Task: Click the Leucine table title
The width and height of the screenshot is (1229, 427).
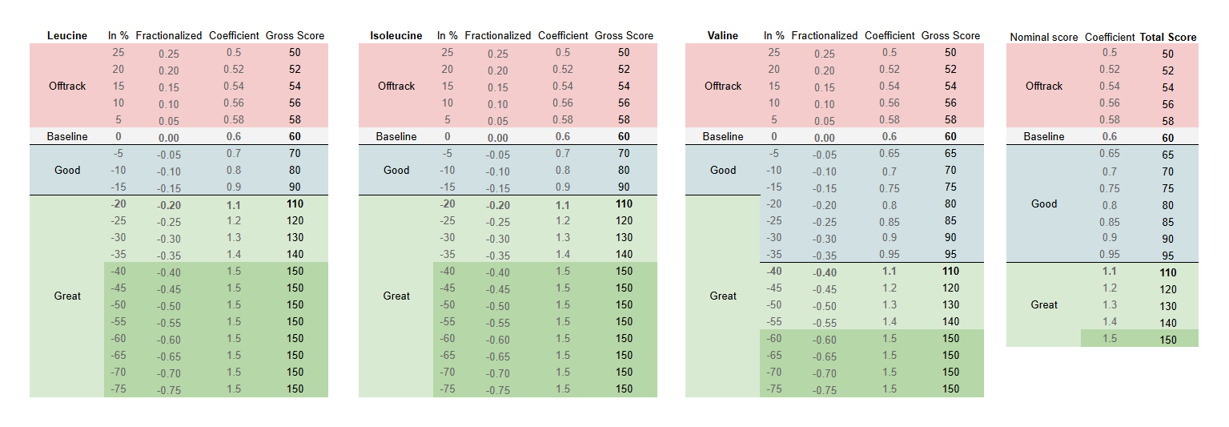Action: pos(67,35)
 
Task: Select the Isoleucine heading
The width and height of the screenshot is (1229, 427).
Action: pos(396,35)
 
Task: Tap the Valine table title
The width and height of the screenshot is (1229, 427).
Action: pos(722,35)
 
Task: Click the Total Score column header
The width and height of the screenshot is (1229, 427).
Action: pos(1168,37)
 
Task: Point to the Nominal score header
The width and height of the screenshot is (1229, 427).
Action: pos(1044,37)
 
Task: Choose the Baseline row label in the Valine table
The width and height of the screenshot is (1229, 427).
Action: pos(722,136)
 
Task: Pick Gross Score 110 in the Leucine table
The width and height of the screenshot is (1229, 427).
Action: pos(295,203)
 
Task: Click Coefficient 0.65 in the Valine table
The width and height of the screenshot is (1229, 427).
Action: pos(889,153)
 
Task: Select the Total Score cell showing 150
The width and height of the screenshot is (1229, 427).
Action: pos(1168,340)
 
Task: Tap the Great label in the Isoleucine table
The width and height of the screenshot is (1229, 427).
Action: pos(396,296)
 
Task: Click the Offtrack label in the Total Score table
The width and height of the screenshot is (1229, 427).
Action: pos(1044,86)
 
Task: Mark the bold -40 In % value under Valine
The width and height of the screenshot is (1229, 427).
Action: pos(774,271)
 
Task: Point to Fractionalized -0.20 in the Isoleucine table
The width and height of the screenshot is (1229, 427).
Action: pos(497,204)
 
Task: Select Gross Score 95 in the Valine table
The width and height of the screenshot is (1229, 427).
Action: pos(950,255)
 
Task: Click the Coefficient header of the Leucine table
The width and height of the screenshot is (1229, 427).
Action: pos(234,35)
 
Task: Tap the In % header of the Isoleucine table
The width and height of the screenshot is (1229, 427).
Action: pos(447,35)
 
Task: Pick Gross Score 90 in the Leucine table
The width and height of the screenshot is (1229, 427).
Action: pos(295,187)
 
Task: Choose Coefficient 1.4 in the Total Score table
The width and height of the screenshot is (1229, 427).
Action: pos(1109,322)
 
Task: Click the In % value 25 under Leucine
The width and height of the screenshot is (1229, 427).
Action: pos(118,52)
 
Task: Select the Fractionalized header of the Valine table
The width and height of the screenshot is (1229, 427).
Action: pos(824,35)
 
